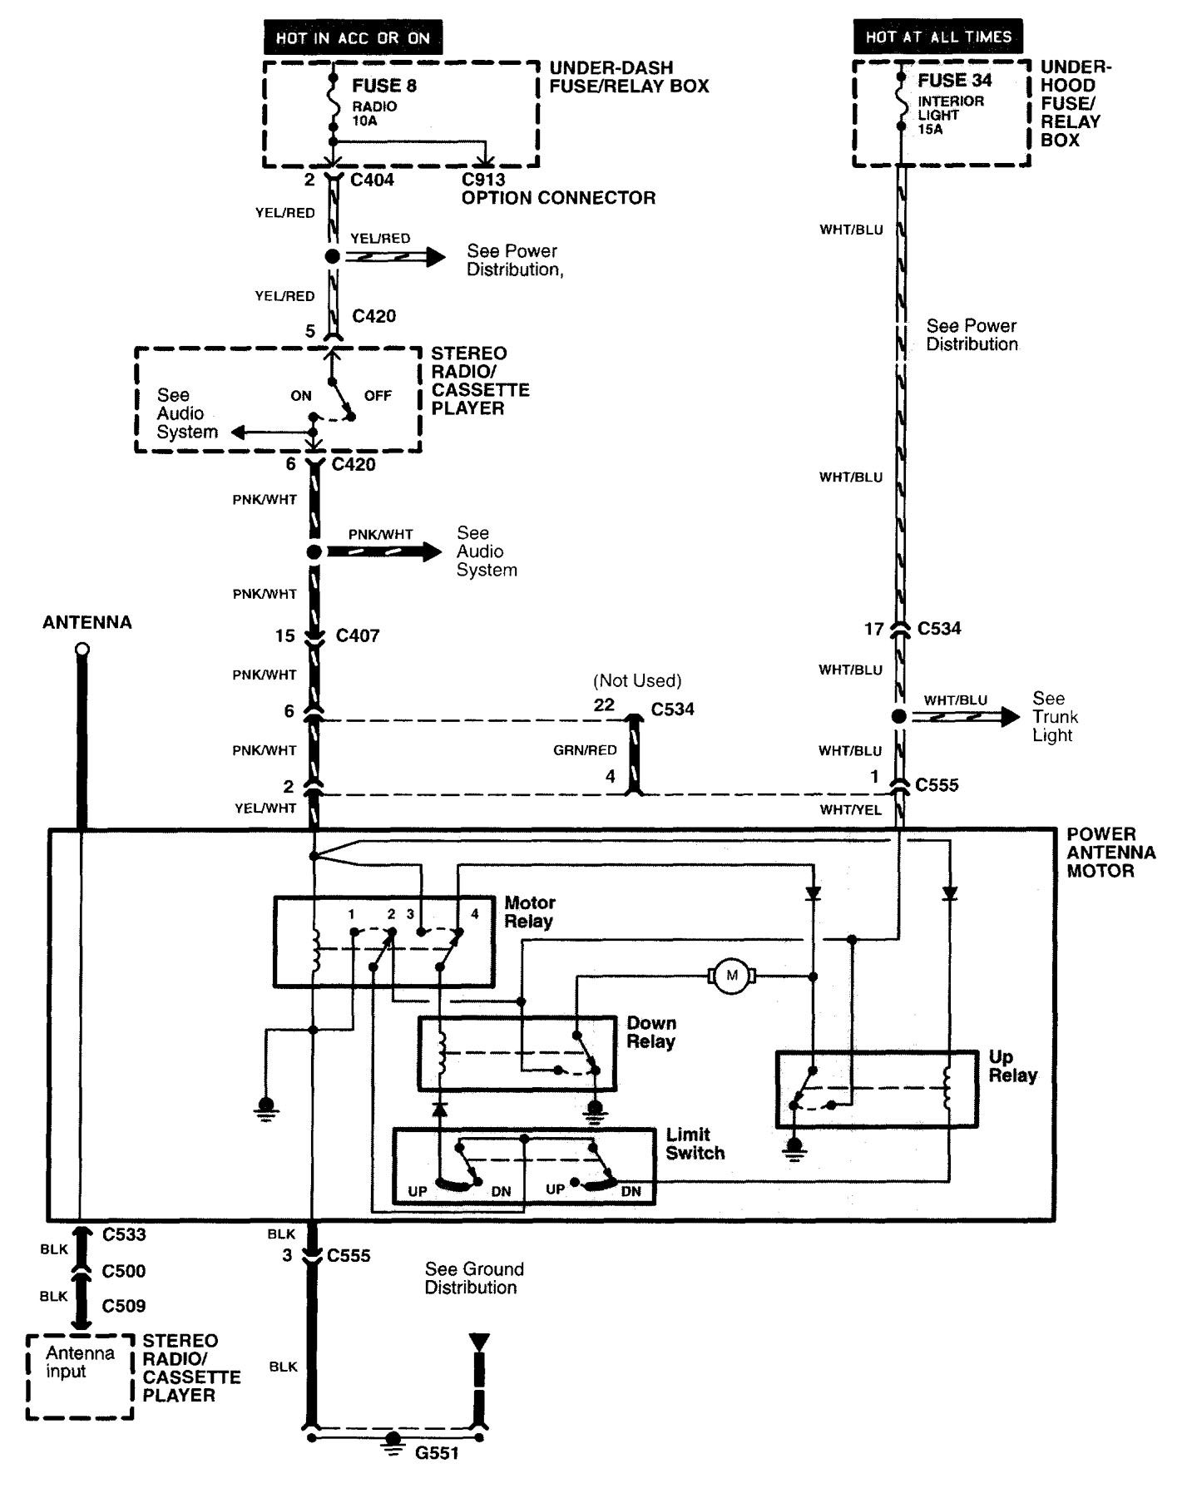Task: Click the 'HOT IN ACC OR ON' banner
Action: [x=353, y=38]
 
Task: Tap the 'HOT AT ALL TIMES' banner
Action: [x=937, y=37]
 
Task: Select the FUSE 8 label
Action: [x=383, y=85]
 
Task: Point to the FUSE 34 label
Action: [x=954, y=81]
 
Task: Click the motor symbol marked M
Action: [x=732, y=975]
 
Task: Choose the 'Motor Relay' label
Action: [x=530, y=912]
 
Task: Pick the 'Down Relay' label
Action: [x=650, y=1032]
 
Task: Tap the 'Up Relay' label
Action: [x=1012, y=1066]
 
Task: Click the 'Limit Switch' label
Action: [x=695, y=1144]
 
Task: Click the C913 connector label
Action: [x=483, y=179]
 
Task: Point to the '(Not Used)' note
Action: [x=637, y=680]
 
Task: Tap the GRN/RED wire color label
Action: [x=585, y=750]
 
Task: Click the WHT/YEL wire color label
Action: [x=850, y=809]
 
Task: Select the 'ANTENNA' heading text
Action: [x=87, y=622]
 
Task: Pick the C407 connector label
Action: [x=358, y=635]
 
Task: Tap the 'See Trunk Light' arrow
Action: [x=965, y=716]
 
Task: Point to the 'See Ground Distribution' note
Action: [x=474, y=1278]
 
